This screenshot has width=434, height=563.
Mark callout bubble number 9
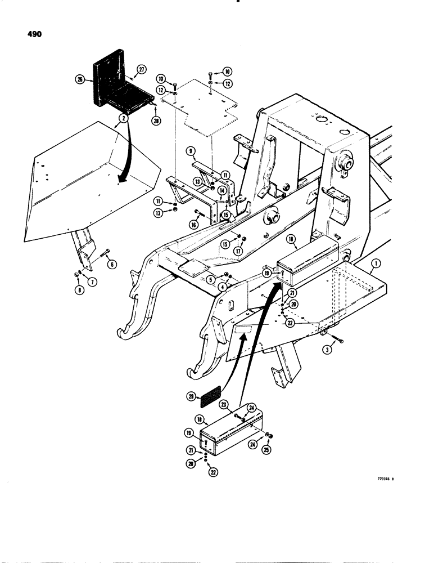coord(192,151)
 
